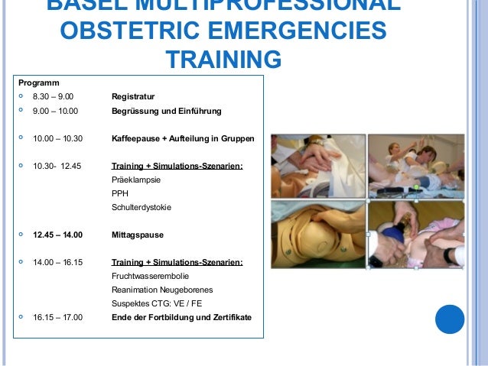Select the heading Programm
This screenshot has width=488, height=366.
(39, 83)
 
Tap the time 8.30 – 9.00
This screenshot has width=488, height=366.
(54, 97)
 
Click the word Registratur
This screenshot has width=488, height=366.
(133, 97)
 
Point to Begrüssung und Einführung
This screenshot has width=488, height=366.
(166, 112)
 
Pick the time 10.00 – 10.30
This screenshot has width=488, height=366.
(57, 138)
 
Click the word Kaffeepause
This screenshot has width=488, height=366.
(136, 138)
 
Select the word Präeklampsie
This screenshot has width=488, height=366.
(136, 180)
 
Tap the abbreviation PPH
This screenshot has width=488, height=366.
(120, 193)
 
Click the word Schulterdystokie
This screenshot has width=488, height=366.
(142, 207)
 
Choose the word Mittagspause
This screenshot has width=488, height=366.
(138, 235)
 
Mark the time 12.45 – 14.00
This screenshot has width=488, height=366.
(57, 235)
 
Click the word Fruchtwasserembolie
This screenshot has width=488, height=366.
(151, 276)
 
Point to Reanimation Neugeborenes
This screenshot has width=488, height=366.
(162, 290)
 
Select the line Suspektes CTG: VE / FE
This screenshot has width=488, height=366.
(156, 303)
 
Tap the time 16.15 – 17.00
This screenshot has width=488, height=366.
(57, 317)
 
